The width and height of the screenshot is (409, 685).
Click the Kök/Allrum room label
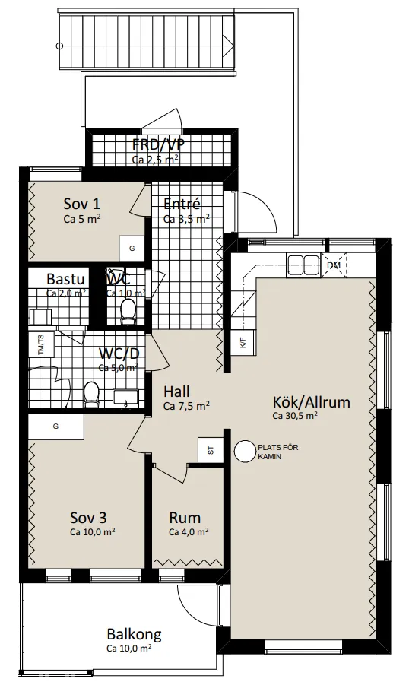pos(312,401)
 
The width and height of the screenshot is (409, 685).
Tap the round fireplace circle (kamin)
pos(245,452)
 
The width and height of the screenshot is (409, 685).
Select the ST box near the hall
pos(209,449)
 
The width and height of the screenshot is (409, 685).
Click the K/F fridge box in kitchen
pos(243,343)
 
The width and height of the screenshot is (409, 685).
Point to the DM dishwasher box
pos(334,265)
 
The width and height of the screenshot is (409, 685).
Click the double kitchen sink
pos(302,264)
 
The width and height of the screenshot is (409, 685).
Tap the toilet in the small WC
pos(128,309)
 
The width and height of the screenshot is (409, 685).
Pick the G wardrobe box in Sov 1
pos(132,249)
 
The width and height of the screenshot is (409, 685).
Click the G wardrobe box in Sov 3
pos(55,427)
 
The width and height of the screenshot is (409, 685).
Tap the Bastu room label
pos(65,279)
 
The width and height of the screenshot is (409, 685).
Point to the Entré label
pos(182,204)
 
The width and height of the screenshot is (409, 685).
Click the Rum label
pos(185,519)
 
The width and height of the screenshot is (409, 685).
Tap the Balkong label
pos(134,635)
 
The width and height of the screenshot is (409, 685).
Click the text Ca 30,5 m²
pos(294,416)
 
